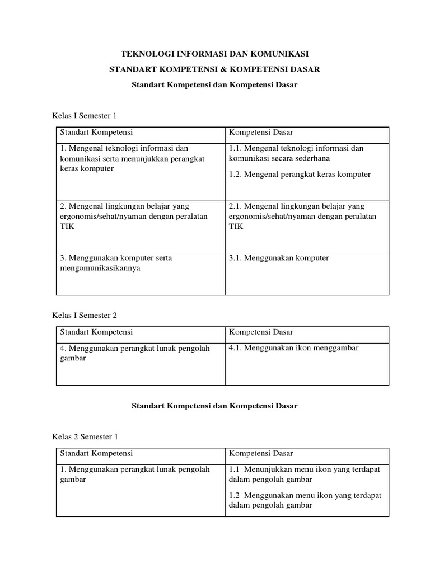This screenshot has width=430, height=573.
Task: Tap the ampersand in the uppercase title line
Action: click(227, 69)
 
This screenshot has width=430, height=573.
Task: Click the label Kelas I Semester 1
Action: click(84, 116)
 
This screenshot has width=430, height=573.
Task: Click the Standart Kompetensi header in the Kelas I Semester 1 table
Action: click(96, 133)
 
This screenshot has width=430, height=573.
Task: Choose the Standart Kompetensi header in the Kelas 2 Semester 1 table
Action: click(96, 453)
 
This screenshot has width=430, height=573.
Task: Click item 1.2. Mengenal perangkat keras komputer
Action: click(300, 174)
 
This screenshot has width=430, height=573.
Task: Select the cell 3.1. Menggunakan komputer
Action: click(279, 258)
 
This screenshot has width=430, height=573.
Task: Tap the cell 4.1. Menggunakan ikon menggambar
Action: click(294, 348)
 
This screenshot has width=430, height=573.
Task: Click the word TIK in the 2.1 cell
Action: click(236, 227)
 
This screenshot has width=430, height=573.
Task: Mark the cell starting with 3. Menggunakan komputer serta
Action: click(116, 263)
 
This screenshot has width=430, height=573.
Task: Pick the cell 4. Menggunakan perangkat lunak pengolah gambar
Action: click(134, 353)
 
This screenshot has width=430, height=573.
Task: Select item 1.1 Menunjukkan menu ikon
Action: click(304, 475)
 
